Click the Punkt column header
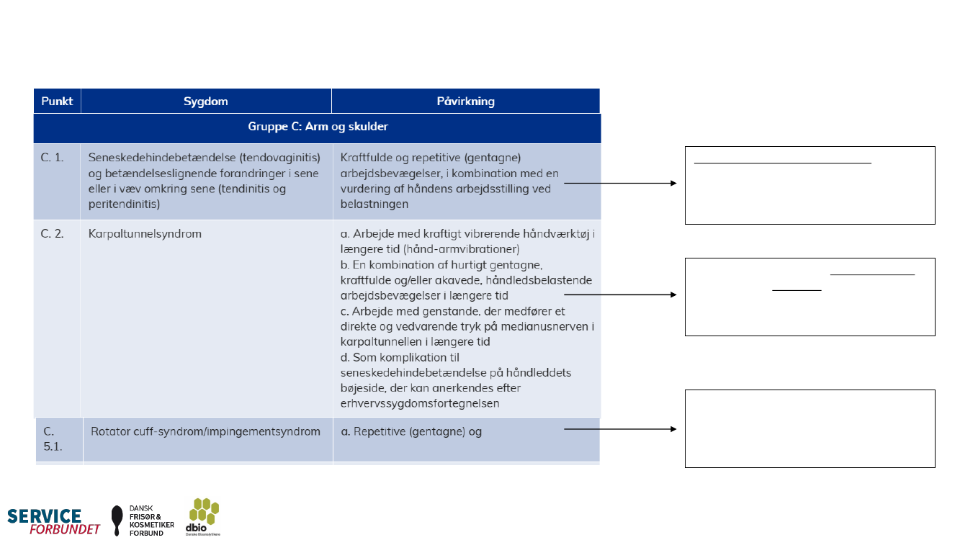tap(57, 101)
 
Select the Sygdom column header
tap(205, 101)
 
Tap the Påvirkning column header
tap(465, 101)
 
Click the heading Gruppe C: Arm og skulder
tap(317, 127)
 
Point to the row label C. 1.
tap(53, 157)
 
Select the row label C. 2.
tap(53, 234)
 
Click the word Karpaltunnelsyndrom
tap(145, 234)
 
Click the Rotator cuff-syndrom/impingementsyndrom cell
tap(205, 432)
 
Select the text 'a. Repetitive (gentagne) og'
tap(411, 432)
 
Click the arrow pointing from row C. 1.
tap(619, 184)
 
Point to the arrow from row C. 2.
tap(619, 294)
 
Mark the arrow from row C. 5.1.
tap(619, 429)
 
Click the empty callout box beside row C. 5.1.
tap(809, 428)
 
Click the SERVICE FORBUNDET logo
tap(54, 521)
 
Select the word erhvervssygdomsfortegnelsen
tap(425, 403)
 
